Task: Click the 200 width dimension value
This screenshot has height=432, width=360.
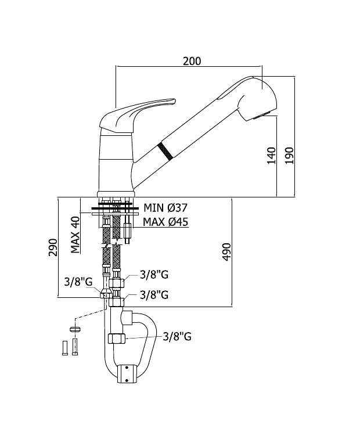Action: [x=192, y=61]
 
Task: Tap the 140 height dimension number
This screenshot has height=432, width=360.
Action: [x=271, y=156]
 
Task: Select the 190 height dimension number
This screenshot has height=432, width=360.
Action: [x=289, y=156]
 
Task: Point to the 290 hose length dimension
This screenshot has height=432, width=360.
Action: [x=53, y=247]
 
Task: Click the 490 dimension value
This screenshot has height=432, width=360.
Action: [x=226, y=252]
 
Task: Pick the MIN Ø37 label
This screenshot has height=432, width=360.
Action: [x=166, y=207]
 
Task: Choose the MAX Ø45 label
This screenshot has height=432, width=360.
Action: [x=166, y=221]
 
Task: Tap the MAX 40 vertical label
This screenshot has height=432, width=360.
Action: [x=75, y=235]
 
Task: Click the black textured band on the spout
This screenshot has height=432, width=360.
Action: [x=165, y=151]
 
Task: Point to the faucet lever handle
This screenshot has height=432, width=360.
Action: [x=138, y=113]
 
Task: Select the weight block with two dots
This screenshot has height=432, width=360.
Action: [x=127, y=374]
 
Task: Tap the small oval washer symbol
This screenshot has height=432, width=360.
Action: [x=75, y=329]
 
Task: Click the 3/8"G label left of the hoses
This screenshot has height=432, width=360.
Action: [x=78, y=282]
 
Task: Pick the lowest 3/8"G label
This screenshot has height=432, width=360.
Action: [x=177, y=336]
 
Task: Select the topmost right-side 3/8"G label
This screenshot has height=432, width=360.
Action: [x=154, y=275]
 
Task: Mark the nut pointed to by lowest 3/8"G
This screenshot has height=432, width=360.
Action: [x=117, y=339]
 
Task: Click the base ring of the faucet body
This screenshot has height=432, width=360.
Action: [x=116, y=195]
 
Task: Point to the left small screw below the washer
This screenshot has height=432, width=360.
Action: [x=65, y=348]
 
